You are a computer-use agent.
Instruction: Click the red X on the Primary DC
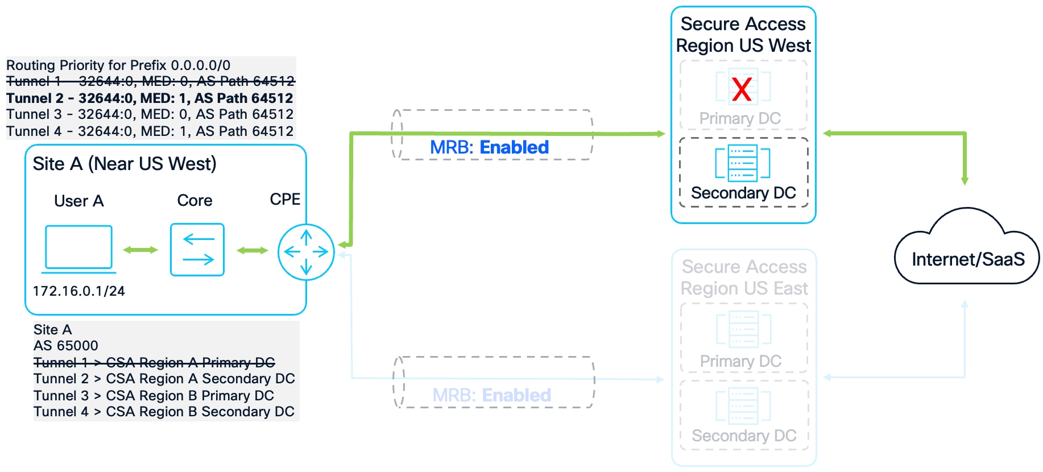(x=742, y=89)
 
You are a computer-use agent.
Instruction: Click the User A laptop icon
(x=78, y=249)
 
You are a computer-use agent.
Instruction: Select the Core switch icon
(x=197, y=250)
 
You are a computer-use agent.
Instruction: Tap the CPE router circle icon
(x=306, y=251)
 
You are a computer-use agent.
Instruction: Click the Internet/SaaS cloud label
(x=968, y=259)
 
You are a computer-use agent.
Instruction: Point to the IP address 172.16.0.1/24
(x=78, y=291)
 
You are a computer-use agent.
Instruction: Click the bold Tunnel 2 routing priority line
(x=150, y=98)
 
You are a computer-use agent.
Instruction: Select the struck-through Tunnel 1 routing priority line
(x=150, y=81)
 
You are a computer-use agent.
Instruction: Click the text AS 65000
(x=66, y=346)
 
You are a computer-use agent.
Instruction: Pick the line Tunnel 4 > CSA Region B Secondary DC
(x=164, y=412)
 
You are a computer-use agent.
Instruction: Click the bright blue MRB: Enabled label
(x=489, y=147)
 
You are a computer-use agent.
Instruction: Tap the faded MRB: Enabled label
(x=491, y=395)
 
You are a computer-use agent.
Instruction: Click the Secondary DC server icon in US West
(x=743, y=163)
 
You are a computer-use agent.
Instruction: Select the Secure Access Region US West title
(x=743, y=35)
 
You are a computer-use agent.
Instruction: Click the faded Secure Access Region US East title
(x=744, y=278)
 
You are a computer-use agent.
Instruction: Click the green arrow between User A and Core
(x=140, y=250)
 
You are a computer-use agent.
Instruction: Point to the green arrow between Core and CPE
(x=252, y=250)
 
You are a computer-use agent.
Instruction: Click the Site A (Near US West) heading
(x=125, y=164)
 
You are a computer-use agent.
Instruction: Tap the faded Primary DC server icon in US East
(x=743, y=329)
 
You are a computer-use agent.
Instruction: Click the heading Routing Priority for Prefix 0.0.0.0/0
(x=118, y=65)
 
